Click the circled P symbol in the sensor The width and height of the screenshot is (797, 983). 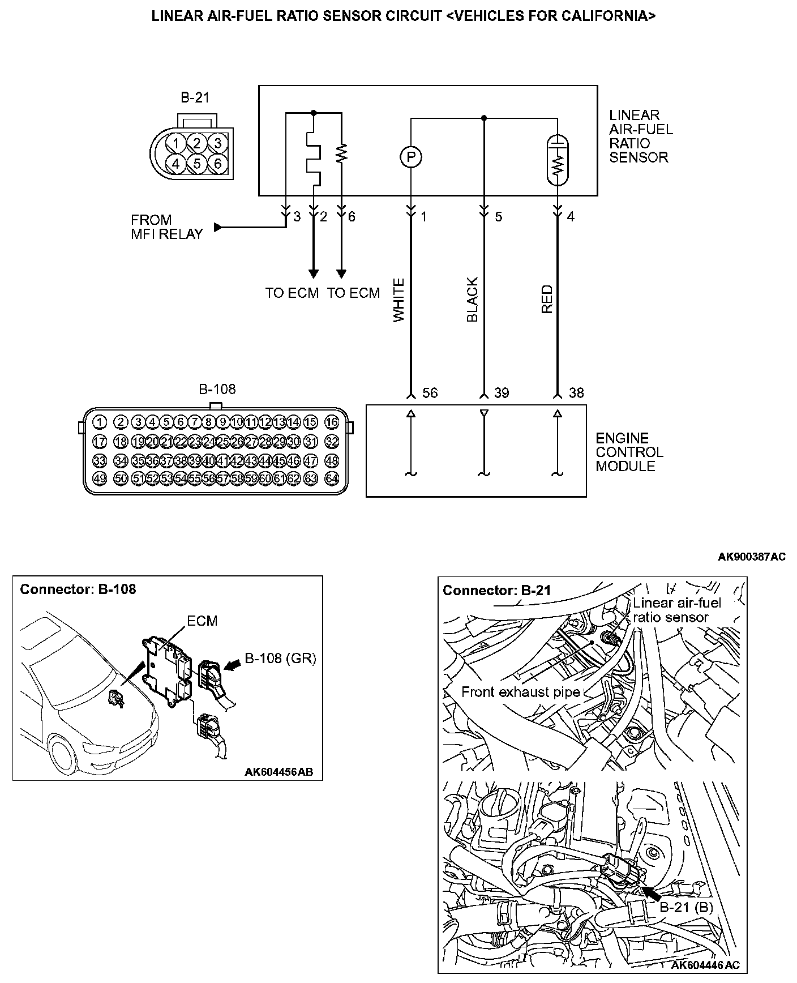(x=412, y=157)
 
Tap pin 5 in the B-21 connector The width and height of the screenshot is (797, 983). (x=197, y=164)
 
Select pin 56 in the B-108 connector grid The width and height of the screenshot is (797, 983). (x=209, y=478)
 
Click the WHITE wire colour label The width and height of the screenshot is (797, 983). (x=399, y=300)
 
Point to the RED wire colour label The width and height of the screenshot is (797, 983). (x=547, y=300)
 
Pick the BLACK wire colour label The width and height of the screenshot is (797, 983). (x=473, y=300)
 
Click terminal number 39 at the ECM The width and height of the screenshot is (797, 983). (x=502, y=393)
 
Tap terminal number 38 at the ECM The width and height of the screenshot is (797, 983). (x=576, y=393)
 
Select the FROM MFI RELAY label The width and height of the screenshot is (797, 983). (x=166, y=227)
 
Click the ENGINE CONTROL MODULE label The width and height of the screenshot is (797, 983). (x=629, y=452)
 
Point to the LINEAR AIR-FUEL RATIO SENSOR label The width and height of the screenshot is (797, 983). (x=641, y=136)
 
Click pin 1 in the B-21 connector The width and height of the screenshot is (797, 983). (x=177, y=143)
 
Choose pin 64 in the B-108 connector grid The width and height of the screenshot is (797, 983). (x=332, y=478)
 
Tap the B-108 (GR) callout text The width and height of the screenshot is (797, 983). (x=280, y=658)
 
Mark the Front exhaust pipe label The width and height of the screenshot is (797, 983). (x=520, y=692)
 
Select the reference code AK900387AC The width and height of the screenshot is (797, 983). (x=751, y=557)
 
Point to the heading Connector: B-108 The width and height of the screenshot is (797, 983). (x=78, y=589)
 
